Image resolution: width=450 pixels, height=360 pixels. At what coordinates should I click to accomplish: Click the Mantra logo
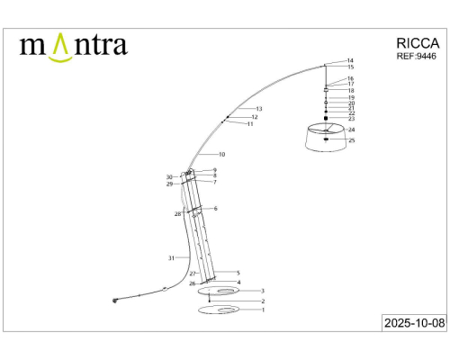73,46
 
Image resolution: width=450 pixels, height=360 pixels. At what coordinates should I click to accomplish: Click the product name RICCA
418,41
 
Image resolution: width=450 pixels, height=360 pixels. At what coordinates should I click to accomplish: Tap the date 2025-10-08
412,321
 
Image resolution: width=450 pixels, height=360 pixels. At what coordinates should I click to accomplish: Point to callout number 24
352,130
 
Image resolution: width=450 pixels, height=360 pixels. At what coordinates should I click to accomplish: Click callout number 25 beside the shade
352,140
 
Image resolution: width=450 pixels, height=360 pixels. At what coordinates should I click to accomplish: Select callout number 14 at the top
351,60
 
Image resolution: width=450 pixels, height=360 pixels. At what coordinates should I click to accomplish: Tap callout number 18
351,91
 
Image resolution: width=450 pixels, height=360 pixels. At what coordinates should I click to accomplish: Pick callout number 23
351,119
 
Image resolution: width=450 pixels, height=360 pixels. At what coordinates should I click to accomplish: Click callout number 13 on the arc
259,108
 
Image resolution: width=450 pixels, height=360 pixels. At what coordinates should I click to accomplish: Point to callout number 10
221,155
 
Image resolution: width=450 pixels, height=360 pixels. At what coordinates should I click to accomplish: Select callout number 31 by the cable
171,258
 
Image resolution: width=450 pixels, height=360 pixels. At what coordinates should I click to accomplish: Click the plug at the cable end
115,301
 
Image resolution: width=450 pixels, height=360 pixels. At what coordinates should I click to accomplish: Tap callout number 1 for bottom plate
262,310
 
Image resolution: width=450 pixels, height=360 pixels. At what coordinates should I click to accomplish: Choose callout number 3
262,291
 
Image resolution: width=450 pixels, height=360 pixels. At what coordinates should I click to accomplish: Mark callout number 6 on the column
215,208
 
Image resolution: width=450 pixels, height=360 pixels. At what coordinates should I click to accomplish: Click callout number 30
169,176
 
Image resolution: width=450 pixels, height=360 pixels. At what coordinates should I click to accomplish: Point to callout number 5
238,273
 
